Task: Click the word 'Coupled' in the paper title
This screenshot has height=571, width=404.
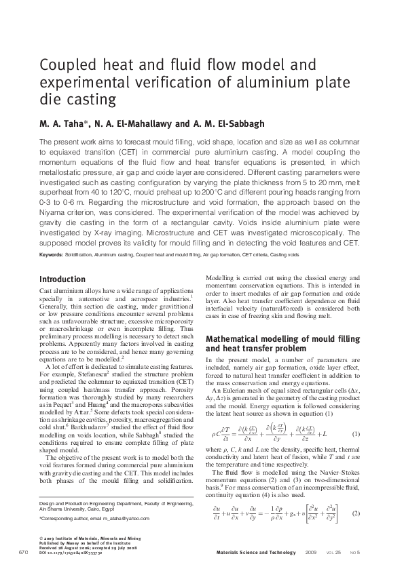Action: click(x=66, y=66)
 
